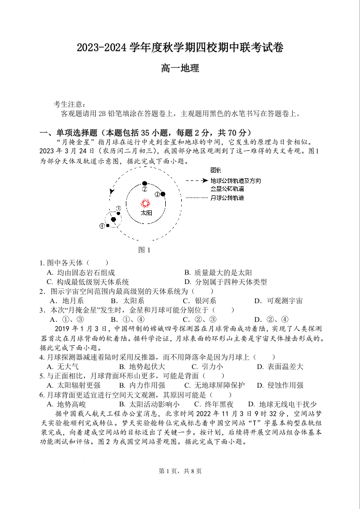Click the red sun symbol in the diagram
(x=146, y=204)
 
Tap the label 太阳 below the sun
(x=146, y=213)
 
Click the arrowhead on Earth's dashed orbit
(x=111, y=191)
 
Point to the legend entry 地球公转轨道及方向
(x=236, y=180)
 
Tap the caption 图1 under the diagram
(x=145, y=250)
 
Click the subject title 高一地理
(x=180, y=68)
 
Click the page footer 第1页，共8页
(x=180, y=471)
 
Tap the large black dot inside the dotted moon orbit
(x=113, y=219)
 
